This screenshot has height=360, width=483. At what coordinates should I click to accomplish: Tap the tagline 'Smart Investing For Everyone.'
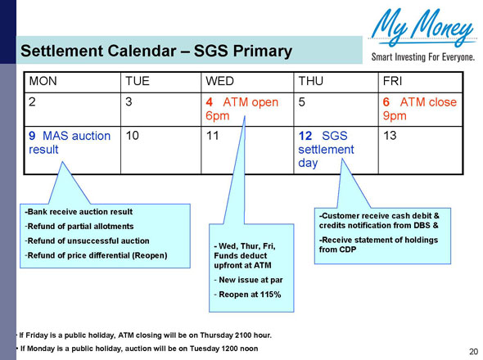tap(422, 58)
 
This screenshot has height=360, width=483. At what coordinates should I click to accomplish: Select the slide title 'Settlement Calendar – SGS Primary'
tap(156, 52)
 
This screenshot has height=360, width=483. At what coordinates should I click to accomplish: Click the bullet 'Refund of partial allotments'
tap(79, 226)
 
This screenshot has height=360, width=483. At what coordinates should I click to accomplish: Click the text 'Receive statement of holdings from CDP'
tap(380, 244)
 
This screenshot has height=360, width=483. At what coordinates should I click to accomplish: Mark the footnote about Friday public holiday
tap(146, 335)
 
